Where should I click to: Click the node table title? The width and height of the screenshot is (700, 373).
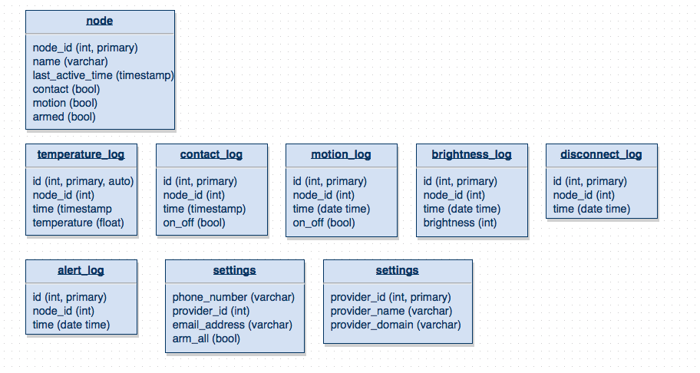tap(99, 21)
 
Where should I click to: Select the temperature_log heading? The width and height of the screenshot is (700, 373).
tap(81, 154)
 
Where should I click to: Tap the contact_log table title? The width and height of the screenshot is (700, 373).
tap(211, 154)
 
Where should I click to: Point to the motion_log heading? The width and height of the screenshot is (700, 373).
tap(341, 154)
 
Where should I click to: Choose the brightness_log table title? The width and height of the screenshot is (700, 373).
tap(471, 154)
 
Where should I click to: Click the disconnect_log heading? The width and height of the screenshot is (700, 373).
tap(601, 154)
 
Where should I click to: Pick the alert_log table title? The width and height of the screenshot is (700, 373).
tap(81, 270)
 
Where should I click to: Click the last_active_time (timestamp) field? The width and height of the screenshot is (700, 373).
tap(103, 75)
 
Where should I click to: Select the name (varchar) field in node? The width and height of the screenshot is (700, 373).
tap(70, 61)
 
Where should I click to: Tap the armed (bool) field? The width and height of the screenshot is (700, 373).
tap(64, 117)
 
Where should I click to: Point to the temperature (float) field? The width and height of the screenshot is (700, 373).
tap(78, 223)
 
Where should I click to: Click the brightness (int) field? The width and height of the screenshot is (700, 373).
tap(460, 223)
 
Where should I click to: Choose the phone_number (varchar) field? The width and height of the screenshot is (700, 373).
tap(233, 297)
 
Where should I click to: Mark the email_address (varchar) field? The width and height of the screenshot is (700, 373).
tap(232, 325)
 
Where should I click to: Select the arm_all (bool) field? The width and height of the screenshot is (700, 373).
tap(206, 338)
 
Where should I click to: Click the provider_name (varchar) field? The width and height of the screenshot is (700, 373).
tap(391, 311)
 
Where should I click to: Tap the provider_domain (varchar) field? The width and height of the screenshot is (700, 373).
tap(395, 325)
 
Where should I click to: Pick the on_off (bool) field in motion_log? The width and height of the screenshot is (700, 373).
tap(324, 223)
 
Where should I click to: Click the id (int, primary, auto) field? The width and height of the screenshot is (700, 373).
tap(83, 181)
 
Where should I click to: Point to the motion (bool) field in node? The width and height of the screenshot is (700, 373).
tap(64, 103)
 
